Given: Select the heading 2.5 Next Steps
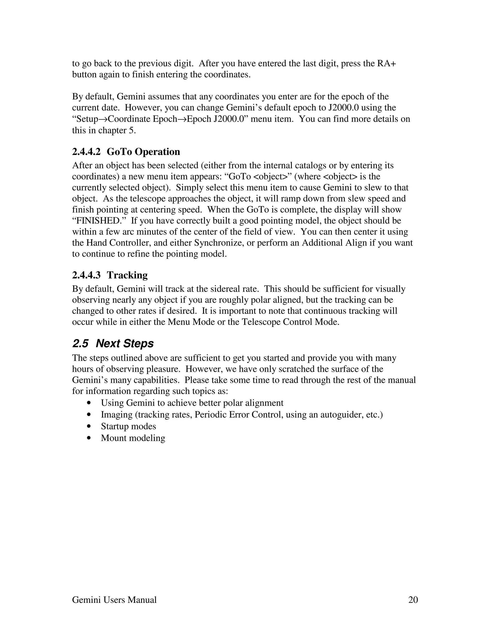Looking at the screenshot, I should (x=113, y=343).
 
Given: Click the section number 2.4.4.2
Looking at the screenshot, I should (x=86, y=151).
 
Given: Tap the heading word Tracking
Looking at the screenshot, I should (x=127, y=275).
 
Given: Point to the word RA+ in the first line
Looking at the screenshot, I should (x=386, y=63).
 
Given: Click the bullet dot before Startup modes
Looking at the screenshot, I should (x=89, y=426).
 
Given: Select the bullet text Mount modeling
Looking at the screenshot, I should (x=133, y=438).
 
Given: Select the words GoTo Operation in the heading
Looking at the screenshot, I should (x=143, y=151).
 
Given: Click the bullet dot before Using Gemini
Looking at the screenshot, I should (x=89, y=403).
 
